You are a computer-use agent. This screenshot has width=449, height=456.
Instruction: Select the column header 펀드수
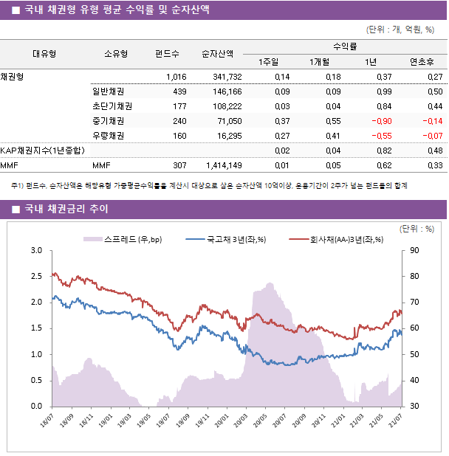click(x=167, y=53)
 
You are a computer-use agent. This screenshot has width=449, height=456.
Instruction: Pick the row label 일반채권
click(x=108, y=91)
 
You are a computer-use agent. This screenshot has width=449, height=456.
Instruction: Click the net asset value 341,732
click(x=227, y=77)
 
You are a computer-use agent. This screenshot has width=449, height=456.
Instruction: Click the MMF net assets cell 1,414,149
click(x=222, y=165)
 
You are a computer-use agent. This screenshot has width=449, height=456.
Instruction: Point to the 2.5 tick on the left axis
click(x=36, y=277)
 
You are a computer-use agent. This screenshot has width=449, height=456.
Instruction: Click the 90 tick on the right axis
click(x=411, y=251)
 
